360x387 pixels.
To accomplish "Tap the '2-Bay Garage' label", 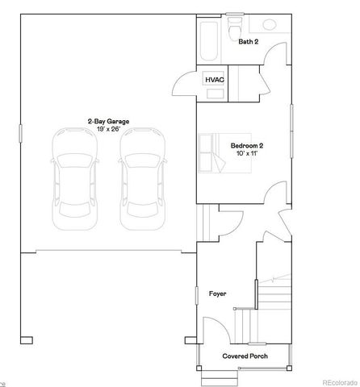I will [x=108, y=121].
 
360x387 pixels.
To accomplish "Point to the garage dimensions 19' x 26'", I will [x=108, y=129].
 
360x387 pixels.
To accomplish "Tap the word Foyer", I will [x=218, y=293].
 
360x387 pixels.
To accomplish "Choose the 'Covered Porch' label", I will [x=245, y=356].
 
